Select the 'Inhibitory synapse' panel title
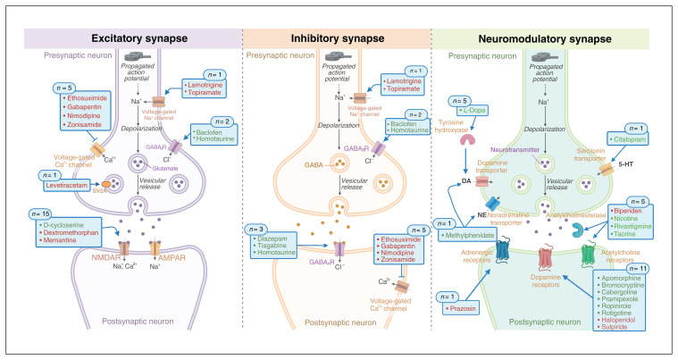tap(336, 39)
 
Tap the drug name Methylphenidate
tap(477, 233)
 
